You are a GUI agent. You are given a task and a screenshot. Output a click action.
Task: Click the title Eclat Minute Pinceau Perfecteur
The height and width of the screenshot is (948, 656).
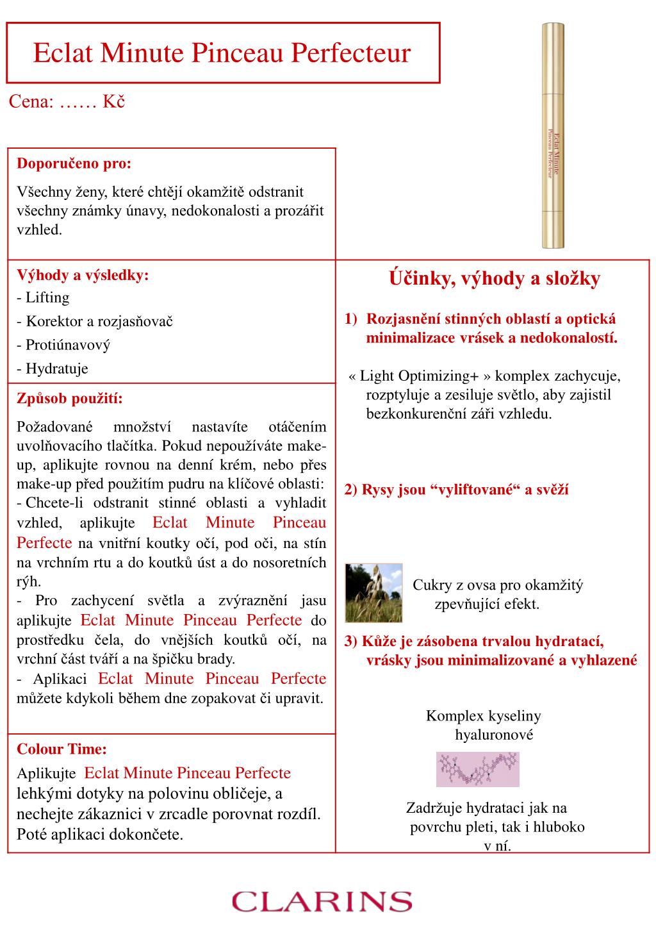[x=222, y=53]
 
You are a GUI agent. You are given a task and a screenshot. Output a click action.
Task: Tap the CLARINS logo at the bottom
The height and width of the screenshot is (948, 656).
[x=322, y=901]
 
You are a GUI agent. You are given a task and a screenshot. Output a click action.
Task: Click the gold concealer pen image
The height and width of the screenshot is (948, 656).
[x=553, y=135]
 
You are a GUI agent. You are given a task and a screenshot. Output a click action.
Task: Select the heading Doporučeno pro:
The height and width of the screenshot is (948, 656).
[x=74, y=163]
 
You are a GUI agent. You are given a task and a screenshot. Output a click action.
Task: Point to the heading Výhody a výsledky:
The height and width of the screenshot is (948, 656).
[x=83, y=275]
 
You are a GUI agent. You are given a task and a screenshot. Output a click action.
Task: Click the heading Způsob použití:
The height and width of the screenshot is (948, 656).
[x=69, y=399]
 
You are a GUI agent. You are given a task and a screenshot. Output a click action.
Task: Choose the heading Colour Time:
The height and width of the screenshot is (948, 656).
[x=61, y=749]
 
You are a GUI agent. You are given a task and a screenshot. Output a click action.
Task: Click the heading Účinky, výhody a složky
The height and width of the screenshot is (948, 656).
[x=494, y=279]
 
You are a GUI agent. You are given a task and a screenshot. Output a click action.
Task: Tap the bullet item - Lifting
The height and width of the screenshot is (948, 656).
[x=43, y=297]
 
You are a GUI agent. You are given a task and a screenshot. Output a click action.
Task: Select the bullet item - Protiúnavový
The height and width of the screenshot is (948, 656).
[x=63, y=345]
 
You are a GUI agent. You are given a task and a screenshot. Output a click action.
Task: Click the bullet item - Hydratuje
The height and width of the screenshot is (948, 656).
[x=53, y=369]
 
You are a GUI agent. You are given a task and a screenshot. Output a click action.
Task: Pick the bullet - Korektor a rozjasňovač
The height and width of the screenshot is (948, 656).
[x=95, y=321]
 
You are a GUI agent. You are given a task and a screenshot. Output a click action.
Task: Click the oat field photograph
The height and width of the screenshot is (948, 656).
[x=373, y=593]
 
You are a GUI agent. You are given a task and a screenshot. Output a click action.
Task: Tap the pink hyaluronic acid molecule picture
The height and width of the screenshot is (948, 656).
[x=477, y=769]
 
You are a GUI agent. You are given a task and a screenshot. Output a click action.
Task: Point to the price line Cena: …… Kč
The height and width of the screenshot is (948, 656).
[x=67, y=102]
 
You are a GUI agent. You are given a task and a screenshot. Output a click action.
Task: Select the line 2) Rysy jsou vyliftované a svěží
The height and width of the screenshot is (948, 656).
[x=456, y=490]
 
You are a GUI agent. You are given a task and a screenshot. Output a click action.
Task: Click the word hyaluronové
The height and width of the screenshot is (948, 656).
[x=494, y=735]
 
